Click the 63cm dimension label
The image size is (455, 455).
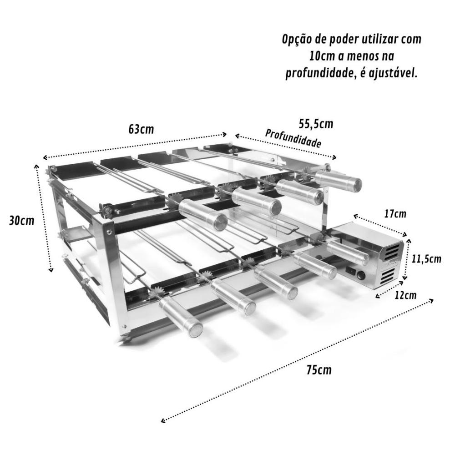[141, 129]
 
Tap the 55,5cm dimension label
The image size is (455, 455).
[316, 124]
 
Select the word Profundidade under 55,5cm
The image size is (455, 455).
[293, 138]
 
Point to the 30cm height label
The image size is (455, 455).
[22, 221]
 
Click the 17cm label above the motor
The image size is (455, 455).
[395, 214]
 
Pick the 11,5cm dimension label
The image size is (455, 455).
[426, 258]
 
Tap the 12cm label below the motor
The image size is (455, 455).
[405, 295]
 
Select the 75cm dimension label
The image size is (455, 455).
[319, 370]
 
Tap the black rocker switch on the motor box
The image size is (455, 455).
[351, 272]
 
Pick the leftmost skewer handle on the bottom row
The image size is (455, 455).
[181, 317]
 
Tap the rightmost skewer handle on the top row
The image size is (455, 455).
[339, 180]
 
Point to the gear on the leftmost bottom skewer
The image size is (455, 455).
[155, 293]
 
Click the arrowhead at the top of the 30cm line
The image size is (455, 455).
[36, 167]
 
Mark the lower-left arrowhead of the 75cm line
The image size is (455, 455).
[163, 420]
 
